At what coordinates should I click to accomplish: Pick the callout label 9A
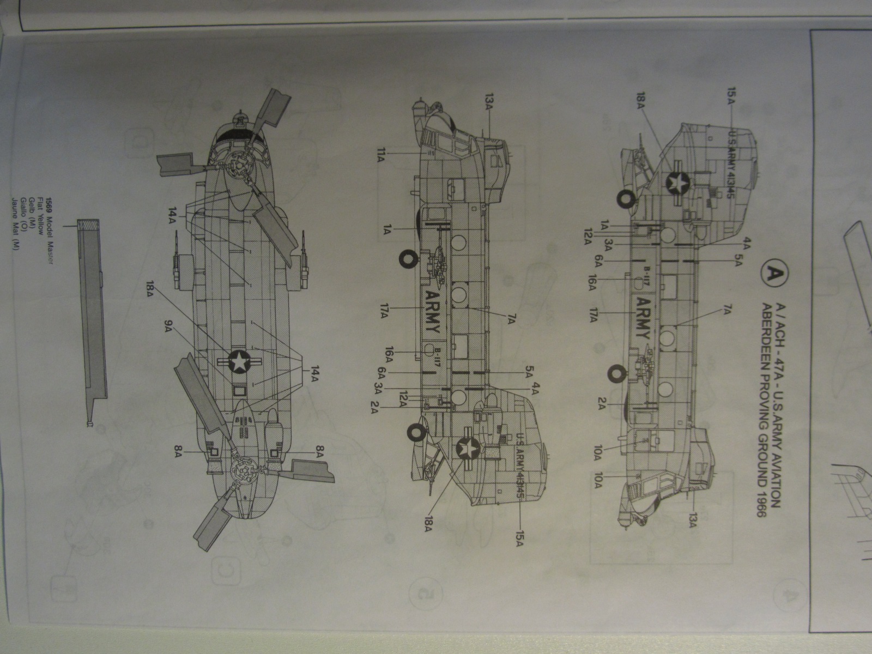169,326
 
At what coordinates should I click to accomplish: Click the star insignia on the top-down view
238,361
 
